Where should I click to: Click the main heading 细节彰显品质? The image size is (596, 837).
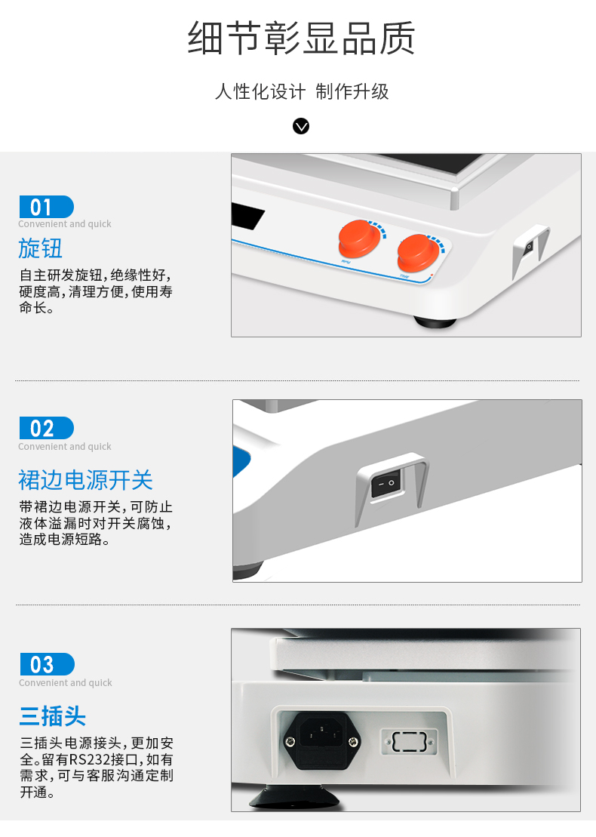[x=302, y=38]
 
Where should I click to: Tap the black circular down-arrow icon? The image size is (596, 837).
[x=301, y=126]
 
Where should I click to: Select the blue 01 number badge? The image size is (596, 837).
[x=47, y=207]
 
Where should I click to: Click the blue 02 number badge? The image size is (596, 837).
[x=47, y=428]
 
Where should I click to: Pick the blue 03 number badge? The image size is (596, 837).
[x=47, y=664]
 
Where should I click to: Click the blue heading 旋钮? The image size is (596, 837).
[x=41, y=248]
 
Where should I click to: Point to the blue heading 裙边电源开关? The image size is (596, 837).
[x=85, y=480]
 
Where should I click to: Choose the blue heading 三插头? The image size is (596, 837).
[x=52, y=715]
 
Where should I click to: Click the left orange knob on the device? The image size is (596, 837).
[x=359, y=238]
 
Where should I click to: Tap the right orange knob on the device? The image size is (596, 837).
[x=418, y=253]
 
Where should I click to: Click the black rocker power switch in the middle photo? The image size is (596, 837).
[x=386, y=484]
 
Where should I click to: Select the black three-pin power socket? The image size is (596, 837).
[x=321, y=740]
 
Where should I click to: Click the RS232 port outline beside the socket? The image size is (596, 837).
[x=409, y=741]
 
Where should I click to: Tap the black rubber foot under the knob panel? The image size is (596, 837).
[x=435, y=322]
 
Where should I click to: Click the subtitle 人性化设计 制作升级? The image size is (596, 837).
[x=302, y=91]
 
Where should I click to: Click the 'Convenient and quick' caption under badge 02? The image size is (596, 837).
[x=65, y=446]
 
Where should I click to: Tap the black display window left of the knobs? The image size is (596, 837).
[x=247, y=215]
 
